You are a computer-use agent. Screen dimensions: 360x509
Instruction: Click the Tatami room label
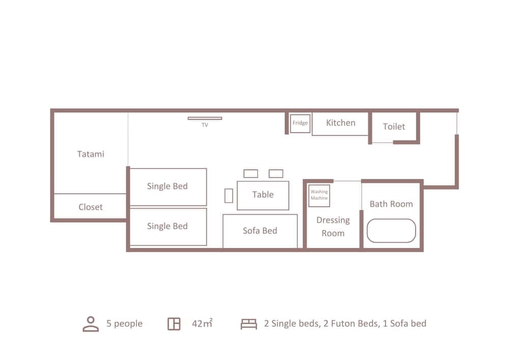pyautogui.click(x=91, y=154)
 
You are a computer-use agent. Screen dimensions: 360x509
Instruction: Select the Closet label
pyautogui.click(x=91, y=207)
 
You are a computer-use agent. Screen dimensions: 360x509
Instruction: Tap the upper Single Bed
pyautogui.click(x=168, y=186)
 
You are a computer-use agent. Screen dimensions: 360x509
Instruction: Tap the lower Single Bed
pyautogui.click(x=168, y=227)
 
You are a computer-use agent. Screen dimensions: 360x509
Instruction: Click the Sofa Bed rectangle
pyautogui.click(x=260, y=231)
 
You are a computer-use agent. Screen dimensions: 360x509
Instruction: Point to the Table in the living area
pyautogui.click(x=263, y=195)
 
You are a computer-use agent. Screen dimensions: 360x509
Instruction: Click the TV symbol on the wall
pyautogui.click(x=205, y=119)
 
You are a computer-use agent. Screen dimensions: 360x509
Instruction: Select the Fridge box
pyautogui.click(x=300, y=123)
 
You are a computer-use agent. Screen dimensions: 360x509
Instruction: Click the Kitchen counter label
pyautogui.click(x=341, y=123)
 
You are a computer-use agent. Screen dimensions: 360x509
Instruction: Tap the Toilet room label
pyautogui.click(x=394, y=126)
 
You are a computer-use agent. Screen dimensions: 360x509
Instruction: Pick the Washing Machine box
pyautogui.click(x=319, y=196)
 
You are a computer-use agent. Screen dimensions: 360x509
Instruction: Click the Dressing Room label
pyautogui.click(x=333, y=227)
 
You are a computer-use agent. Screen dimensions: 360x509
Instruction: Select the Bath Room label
pyautogui.click(x=391, y=204)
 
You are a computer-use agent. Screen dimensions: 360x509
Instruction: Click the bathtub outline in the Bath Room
pyautogui.click(x=391, y=231)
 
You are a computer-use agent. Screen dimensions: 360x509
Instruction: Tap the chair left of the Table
pyautogui.click(x=229, y=196)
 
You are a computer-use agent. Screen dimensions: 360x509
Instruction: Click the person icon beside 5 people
pyautogui.click(x=91, y=324)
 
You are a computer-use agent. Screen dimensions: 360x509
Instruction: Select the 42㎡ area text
pyautogui.click(x=202, y=324)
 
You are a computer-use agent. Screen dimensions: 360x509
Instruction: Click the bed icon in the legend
pyautogui.click(x=249, y=324)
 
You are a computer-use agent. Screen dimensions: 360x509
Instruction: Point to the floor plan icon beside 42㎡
pyautogui.click(x=174, y=324)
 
